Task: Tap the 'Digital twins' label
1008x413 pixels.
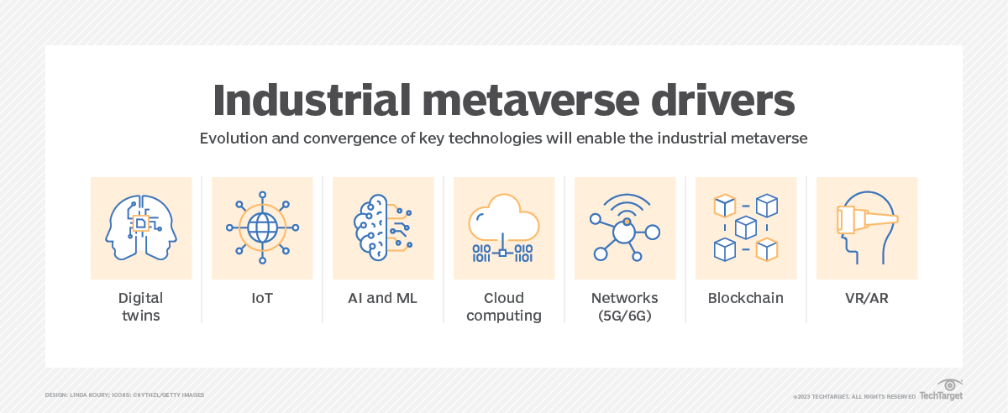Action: [x=141, y=306]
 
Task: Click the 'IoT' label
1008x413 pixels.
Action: [x=262, y=298]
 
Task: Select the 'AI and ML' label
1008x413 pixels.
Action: [x=383, y=298]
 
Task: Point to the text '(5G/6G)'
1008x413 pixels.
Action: [x=625, y=316]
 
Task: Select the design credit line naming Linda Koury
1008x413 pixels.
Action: [x=124, y=395]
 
